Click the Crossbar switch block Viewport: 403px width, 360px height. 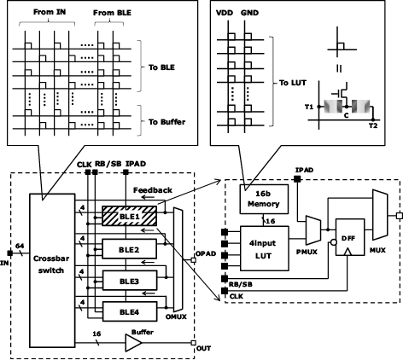point(52,270)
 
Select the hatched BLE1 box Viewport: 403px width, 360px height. point(129,216)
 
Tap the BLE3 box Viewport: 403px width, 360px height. point(130,281)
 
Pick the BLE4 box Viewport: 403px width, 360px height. point(130,311)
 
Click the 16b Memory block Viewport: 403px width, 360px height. point(264,199)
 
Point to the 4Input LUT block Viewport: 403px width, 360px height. point(265,248)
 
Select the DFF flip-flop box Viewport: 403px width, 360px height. point(350,237)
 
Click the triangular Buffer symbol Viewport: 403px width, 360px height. point(133,343)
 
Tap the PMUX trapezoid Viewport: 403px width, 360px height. point(313,230)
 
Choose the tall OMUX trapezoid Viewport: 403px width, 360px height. point(178,259)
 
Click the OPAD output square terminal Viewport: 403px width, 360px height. point(193,260)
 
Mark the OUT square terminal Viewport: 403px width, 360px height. point(193,343)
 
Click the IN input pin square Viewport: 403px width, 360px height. point(10,253)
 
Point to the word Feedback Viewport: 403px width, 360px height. point(153,190)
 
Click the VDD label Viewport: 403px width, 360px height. point(225,13)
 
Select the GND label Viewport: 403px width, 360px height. point(249,13)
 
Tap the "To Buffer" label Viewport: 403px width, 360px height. point(166,122)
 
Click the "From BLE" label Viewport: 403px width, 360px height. point(112,13)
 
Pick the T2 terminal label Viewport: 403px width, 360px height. point(373,125)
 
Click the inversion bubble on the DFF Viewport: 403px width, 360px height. point(333,242)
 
